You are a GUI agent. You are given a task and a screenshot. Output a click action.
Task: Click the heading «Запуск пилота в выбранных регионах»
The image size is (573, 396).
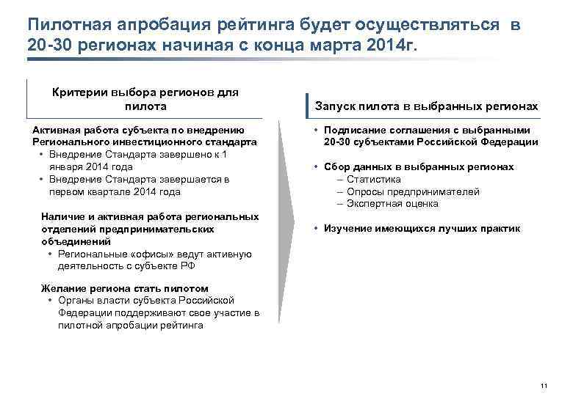(427, 106)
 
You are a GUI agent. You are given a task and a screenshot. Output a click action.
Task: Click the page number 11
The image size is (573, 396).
(544, 386)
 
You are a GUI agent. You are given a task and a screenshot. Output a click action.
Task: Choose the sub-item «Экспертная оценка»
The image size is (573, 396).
(392, 204)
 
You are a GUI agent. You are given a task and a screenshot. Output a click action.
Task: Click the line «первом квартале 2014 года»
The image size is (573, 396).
(115, 191)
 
